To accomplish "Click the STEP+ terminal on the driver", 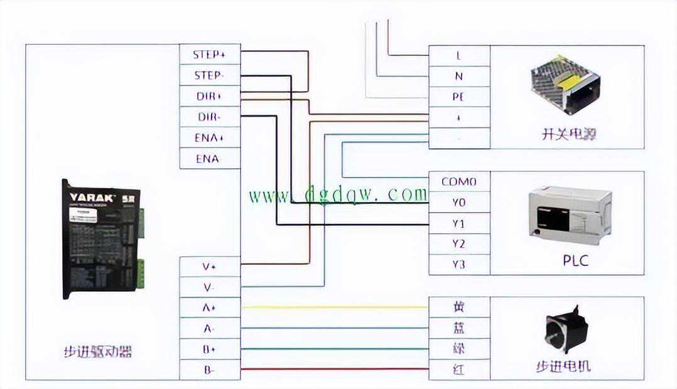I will [209, 55].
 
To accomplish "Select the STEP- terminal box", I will [209, 75].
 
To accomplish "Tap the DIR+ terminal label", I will [209, 96].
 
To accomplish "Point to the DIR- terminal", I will [209, 117].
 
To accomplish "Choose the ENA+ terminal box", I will [209, 137].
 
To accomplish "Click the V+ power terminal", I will [209, 267].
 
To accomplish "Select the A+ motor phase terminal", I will [209, 307].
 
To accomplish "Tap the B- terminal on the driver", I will [209, 370].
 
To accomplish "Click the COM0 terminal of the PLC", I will [459, 182].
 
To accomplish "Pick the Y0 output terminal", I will [459, 203].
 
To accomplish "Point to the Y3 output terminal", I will [459, 264].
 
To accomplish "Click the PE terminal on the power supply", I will [459, 97].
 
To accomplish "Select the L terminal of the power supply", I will [459, 55].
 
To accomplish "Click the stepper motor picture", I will [566, 330].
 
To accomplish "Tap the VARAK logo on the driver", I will [92, 197].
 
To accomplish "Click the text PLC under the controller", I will [575, 260].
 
